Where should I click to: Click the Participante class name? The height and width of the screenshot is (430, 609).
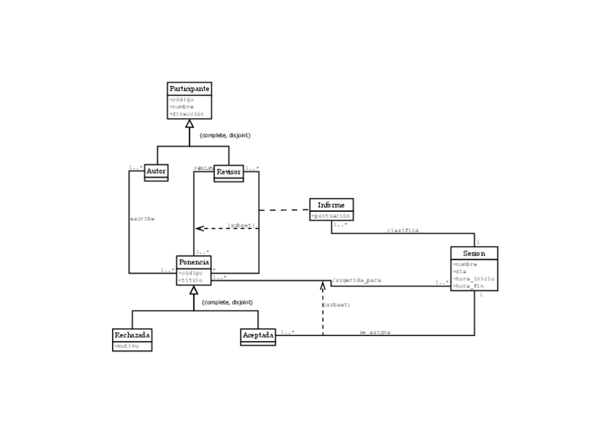pyautogui.click(x=190, y=88)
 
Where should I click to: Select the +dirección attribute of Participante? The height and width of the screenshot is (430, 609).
pyautogui.click(x=187, y=113)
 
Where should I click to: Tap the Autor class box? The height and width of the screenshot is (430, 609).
pyautogui.click(x=156, y=172)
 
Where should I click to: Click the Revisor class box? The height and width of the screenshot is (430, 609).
pyautogui.click(x=228, y=172)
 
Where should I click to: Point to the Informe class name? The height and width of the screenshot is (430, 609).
pyautogui.click(x=331, y=205)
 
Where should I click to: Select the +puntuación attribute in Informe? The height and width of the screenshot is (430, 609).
pyautogui.click(x=331, y=215)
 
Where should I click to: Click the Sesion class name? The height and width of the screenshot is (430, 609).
pyautogui.click(x=474, y=253)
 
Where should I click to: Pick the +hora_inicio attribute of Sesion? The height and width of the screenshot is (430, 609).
pyautogui.click(x=473, y=278)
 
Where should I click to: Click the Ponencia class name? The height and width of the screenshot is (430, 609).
pyautogui.click(x=194, y=262)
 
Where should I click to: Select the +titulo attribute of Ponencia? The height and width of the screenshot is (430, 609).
pyautogui.click(x=190, y=280)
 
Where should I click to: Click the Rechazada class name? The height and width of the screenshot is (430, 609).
pyautogui.click(x=133, y=335)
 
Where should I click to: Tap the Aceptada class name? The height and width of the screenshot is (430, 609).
pyautogui.click(x=258, y=335)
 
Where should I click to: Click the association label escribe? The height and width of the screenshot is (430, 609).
pyautogui.click(x=142, y=218)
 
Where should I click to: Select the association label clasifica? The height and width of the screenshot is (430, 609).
pyautogui.click(x=402, y=230)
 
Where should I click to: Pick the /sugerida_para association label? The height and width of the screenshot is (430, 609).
pyautogui.click(x=356, y=280)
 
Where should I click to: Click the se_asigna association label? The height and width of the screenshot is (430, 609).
pyautogui.click(x=375, y=332)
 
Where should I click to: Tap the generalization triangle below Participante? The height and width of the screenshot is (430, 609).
pyautogui.click(x=190, y=124)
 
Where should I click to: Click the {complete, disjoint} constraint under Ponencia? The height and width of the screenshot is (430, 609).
pyautogui.click(x=228, y=302)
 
